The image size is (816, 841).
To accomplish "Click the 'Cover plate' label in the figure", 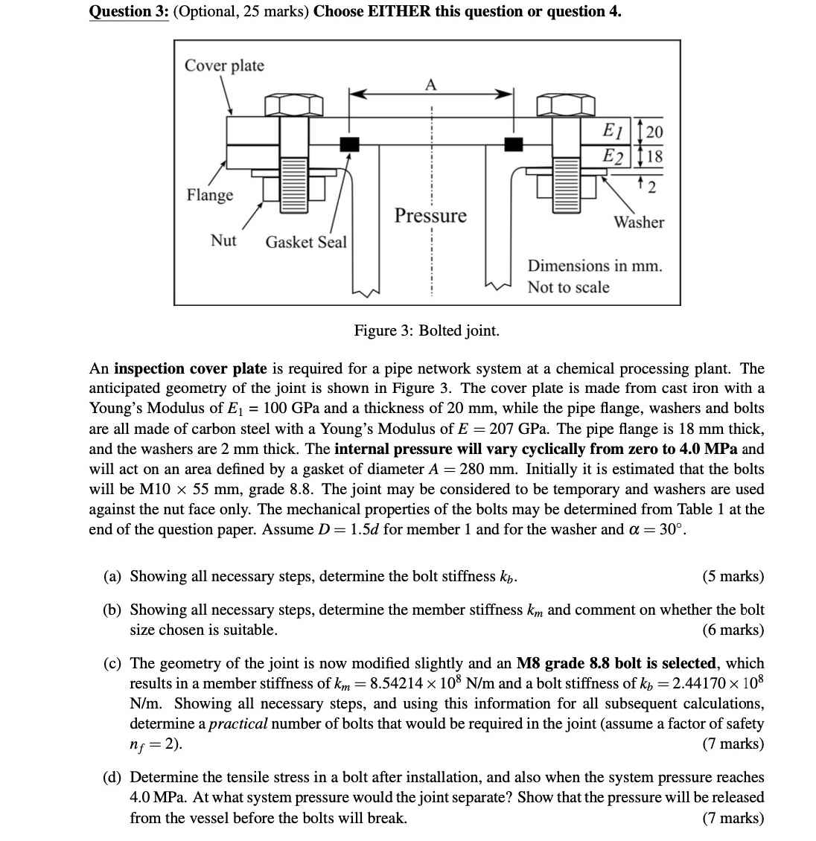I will pyautogui.click(x=224, y=65).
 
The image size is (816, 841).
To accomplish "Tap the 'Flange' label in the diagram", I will pyautogui.click(x=209, y=195).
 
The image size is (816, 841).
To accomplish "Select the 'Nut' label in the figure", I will pyautogui.click(x=223, y=240).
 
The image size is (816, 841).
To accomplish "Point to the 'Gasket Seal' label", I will pyautogui.click(x=306, y=242).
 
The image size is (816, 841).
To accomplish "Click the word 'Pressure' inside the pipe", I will pyautogui.click(x=430, y=216).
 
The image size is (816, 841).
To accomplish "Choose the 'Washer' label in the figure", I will pyautogui.click(x=639, y=222).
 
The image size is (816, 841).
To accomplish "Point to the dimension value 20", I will pyautogui.click(x=654, y=132).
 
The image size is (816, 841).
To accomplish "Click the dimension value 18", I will pyautogui.click(x=654, y=156).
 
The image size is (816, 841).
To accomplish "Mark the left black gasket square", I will pyautogui.click(x=348, y=143).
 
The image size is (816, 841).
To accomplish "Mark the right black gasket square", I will pyautogui.click(x=513, y=143).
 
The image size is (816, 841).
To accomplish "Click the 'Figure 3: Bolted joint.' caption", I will pyautogui.click(x=427, y=330).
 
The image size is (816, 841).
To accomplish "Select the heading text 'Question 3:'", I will pyautogui.click(x=128, y=11).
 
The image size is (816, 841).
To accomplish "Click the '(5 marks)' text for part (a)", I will pyautogui.click(x=733, y=576).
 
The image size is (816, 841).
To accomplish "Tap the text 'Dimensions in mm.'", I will pyautogui.click(x=594, y=266).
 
